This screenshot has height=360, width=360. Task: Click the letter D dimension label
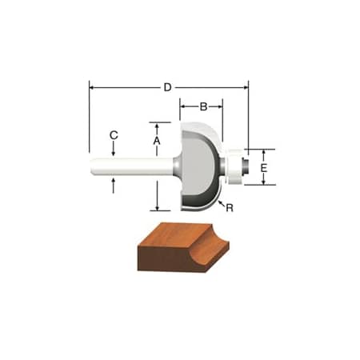(168, 87)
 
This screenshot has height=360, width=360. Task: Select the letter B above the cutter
(203, 106)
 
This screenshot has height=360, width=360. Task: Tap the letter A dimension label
(158, 141)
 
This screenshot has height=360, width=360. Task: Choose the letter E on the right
(263, 167)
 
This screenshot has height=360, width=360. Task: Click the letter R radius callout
(230, 208)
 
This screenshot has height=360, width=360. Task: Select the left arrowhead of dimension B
(182, 106)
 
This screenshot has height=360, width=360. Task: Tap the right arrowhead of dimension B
(221, 106)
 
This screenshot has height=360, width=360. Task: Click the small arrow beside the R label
(220, 202)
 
